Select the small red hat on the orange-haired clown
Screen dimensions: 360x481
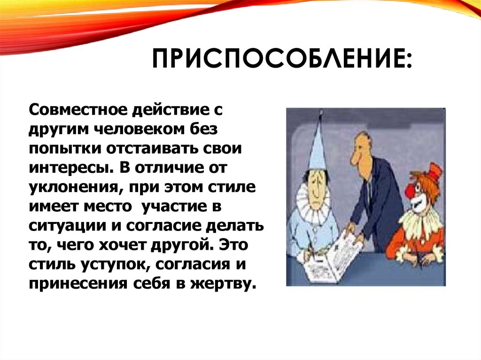click(x=434, y=171)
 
